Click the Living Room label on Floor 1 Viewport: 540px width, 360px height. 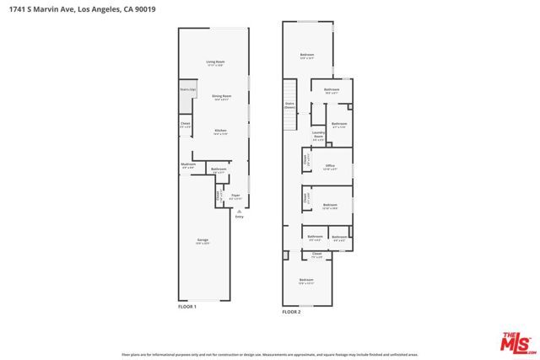tap(215, 62)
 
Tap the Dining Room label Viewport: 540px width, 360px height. tap(221, 97)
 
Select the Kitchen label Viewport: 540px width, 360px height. tap(220, 131)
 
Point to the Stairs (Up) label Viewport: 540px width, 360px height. tap(187, 89)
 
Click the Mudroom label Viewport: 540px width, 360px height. tap(188, 164)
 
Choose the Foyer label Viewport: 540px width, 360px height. tap(236, 196)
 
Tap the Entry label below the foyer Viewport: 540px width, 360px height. tap(239, 217)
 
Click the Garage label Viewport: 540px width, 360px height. tap(202, 241)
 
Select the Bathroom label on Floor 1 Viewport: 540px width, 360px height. tap(219, 169)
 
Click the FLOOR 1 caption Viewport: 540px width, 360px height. tap(186, 307)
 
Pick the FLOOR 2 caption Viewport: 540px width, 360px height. tap(291, 312)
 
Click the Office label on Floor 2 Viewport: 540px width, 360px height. tap(330, 166)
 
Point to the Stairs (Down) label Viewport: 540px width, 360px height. tap(289, 105)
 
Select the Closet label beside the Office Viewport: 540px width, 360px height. tap(305, 158)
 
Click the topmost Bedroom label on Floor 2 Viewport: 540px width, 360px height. tap(307, 56)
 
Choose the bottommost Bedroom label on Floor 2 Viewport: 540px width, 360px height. tap(306, 280)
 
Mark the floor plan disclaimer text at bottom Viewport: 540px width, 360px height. tap(270, 355)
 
